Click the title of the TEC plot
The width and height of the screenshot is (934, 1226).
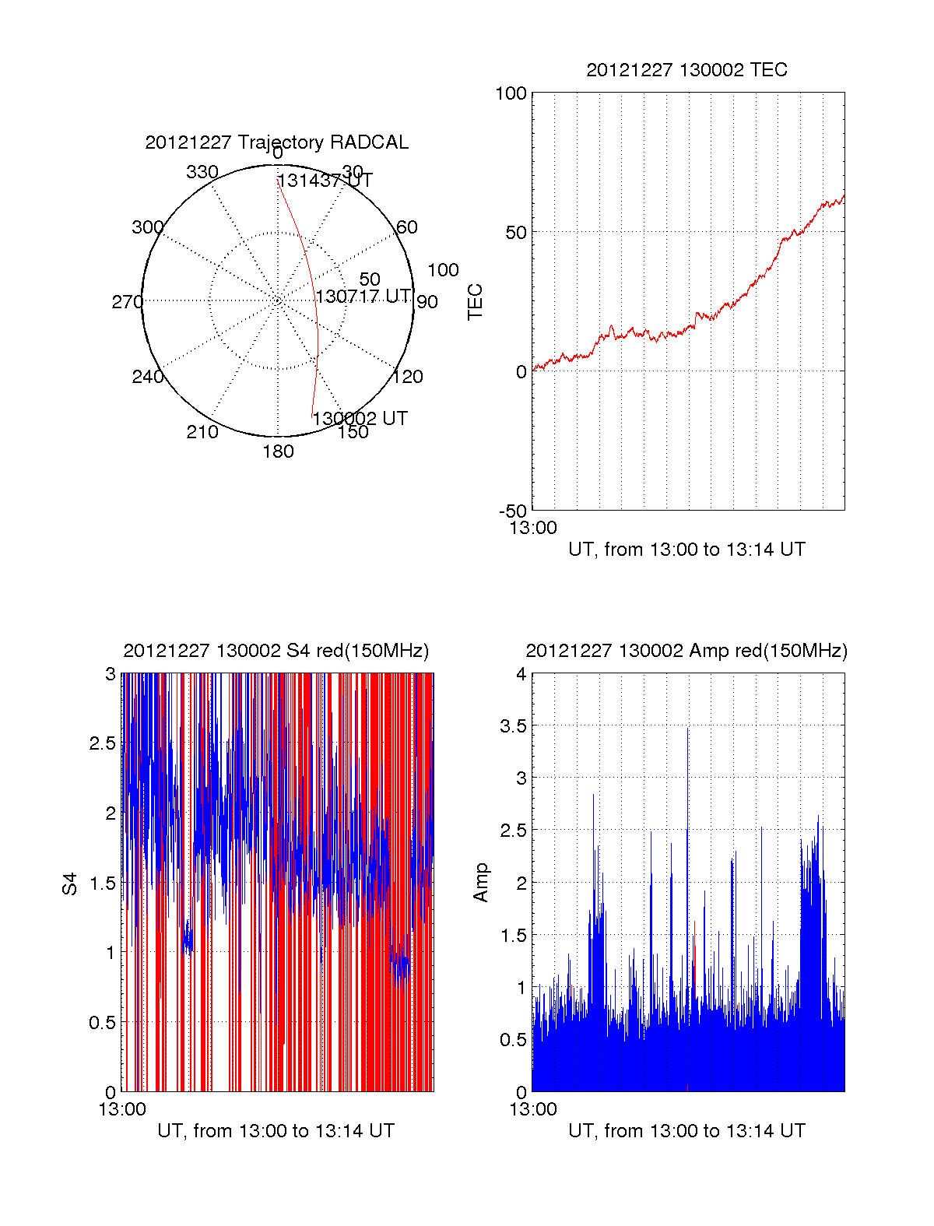click(686, 70)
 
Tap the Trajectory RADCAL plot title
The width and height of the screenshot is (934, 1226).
click(276, 142)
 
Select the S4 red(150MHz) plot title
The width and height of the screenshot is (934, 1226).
click(276, 651)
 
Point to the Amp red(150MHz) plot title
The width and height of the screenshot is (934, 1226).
click(686, 651)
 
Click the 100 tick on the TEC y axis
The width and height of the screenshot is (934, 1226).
click(511, 94)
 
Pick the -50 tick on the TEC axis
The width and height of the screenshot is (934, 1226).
click(513, 511)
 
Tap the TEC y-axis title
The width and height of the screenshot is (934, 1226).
click(475, 302)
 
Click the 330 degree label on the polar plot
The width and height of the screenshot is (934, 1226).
click(202, 172)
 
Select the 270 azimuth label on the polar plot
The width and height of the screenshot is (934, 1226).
click(127, 302)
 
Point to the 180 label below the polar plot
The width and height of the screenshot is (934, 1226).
click(278, 451)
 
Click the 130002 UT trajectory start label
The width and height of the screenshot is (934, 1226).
click(360, 419)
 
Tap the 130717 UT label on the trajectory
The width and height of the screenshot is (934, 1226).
click(363, 297)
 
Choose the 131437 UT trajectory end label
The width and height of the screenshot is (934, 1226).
click(325, 181)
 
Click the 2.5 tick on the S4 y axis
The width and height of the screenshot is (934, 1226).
click(103, 743)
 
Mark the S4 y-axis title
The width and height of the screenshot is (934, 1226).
click(70, 884)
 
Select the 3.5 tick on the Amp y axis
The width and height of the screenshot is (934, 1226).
click(513, 726)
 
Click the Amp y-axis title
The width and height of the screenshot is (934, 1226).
click(481, 883)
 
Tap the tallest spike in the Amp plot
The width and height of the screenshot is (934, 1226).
click(687, 729)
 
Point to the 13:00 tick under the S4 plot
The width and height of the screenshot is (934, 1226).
click(122, 1109)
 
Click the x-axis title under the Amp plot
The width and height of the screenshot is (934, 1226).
click(686, 1131)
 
